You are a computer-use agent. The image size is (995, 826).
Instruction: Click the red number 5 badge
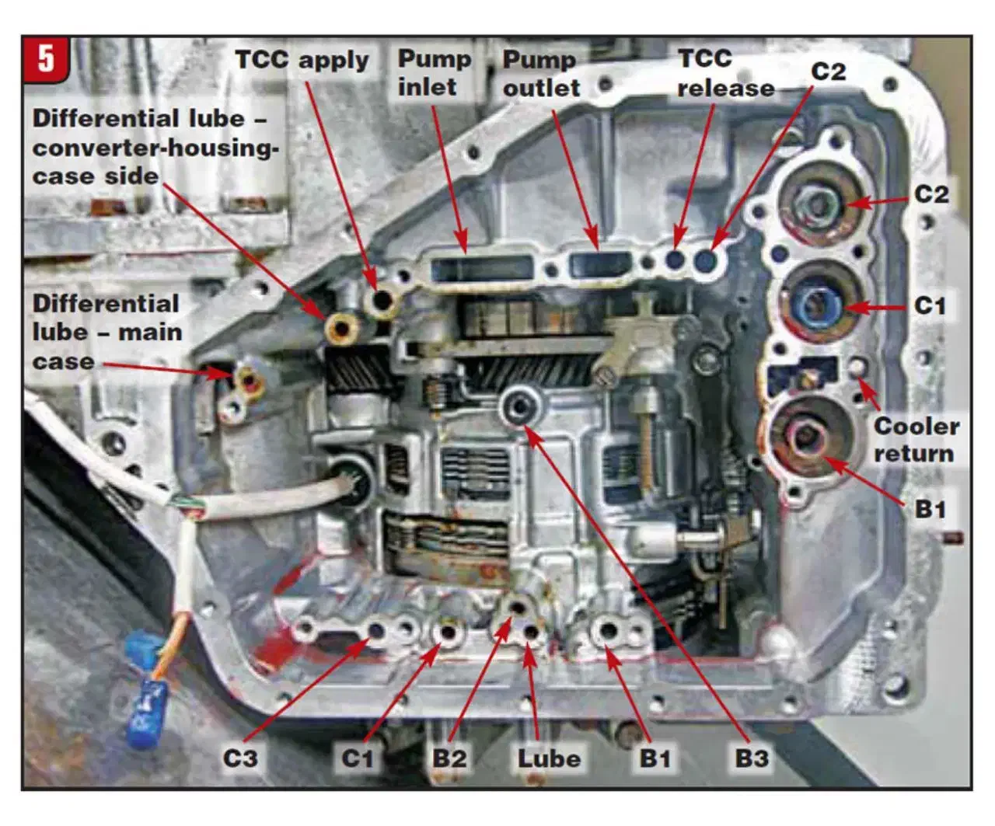pyautogui.click(x=47, y=59)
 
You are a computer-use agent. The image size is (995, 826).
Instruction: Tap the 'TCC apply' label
pyautogui.click(x=302, y=60)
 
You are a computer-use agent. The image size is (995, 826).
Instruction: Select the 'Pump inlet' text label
pyautogui.click(x=434, y=72)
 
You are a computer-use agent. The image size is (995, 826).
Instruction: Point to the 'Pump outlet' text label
pyautogui.click(x=541, y=73)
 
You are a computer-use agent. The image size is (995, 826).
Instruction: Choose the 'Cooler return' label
pyautogui.click(x=916, y=439)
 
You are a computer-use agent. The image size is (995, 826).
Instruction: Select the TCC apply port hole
pyautogui.click(x=382, y=299)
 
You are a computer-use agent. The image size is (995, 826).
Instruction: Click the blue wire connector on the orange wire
pyautogui.click(x=145, y=703)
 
